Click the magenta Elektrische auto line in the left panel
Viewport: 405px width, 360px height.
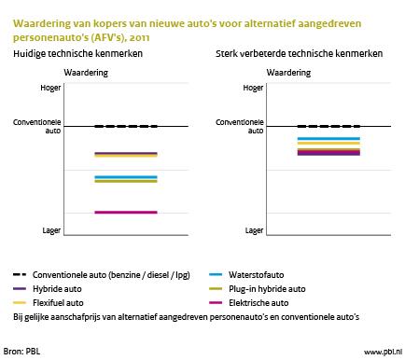click(x=126, y=213)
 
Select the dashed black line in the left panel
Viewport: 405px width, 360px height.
click(x=126, y=126)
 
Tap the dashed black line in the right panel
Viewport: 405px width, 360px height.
click(x=328, y=126)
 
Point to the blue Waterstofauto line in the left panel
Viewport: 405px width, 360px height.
click(x=126, y=176)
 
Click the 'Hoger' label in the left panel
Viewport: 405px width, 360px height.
click(x=53, y=89)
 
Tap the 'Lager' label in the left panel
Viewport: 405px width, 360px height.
click(x=53, y=229)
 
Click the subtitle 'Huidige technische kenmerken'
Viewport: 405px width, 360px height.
click(x=71, y=55)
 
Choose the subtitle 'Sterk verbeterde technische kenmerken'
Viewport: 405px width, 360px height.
click(x=296, y=55)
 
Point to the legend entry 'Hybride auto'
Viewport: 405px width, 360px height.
click(x=59, y=289)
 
